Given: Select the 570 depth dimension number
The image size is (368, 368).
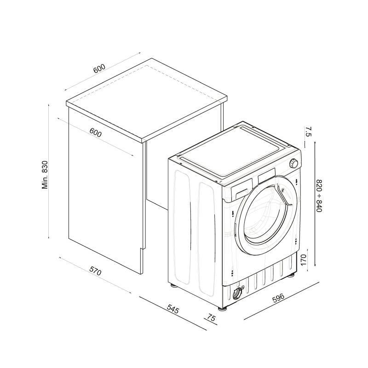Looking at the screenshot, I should (95, 272).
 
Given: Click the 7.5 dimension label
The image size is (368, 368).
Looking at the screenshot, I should (308, 132).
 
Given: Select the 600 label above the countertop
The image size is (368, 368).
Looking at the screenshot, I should (99, 69).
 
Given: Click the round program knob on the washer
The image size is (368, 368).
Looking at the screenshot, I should (293, 163).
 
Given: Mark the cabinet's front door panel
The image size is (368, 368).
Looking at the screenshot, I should (104, 202).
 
